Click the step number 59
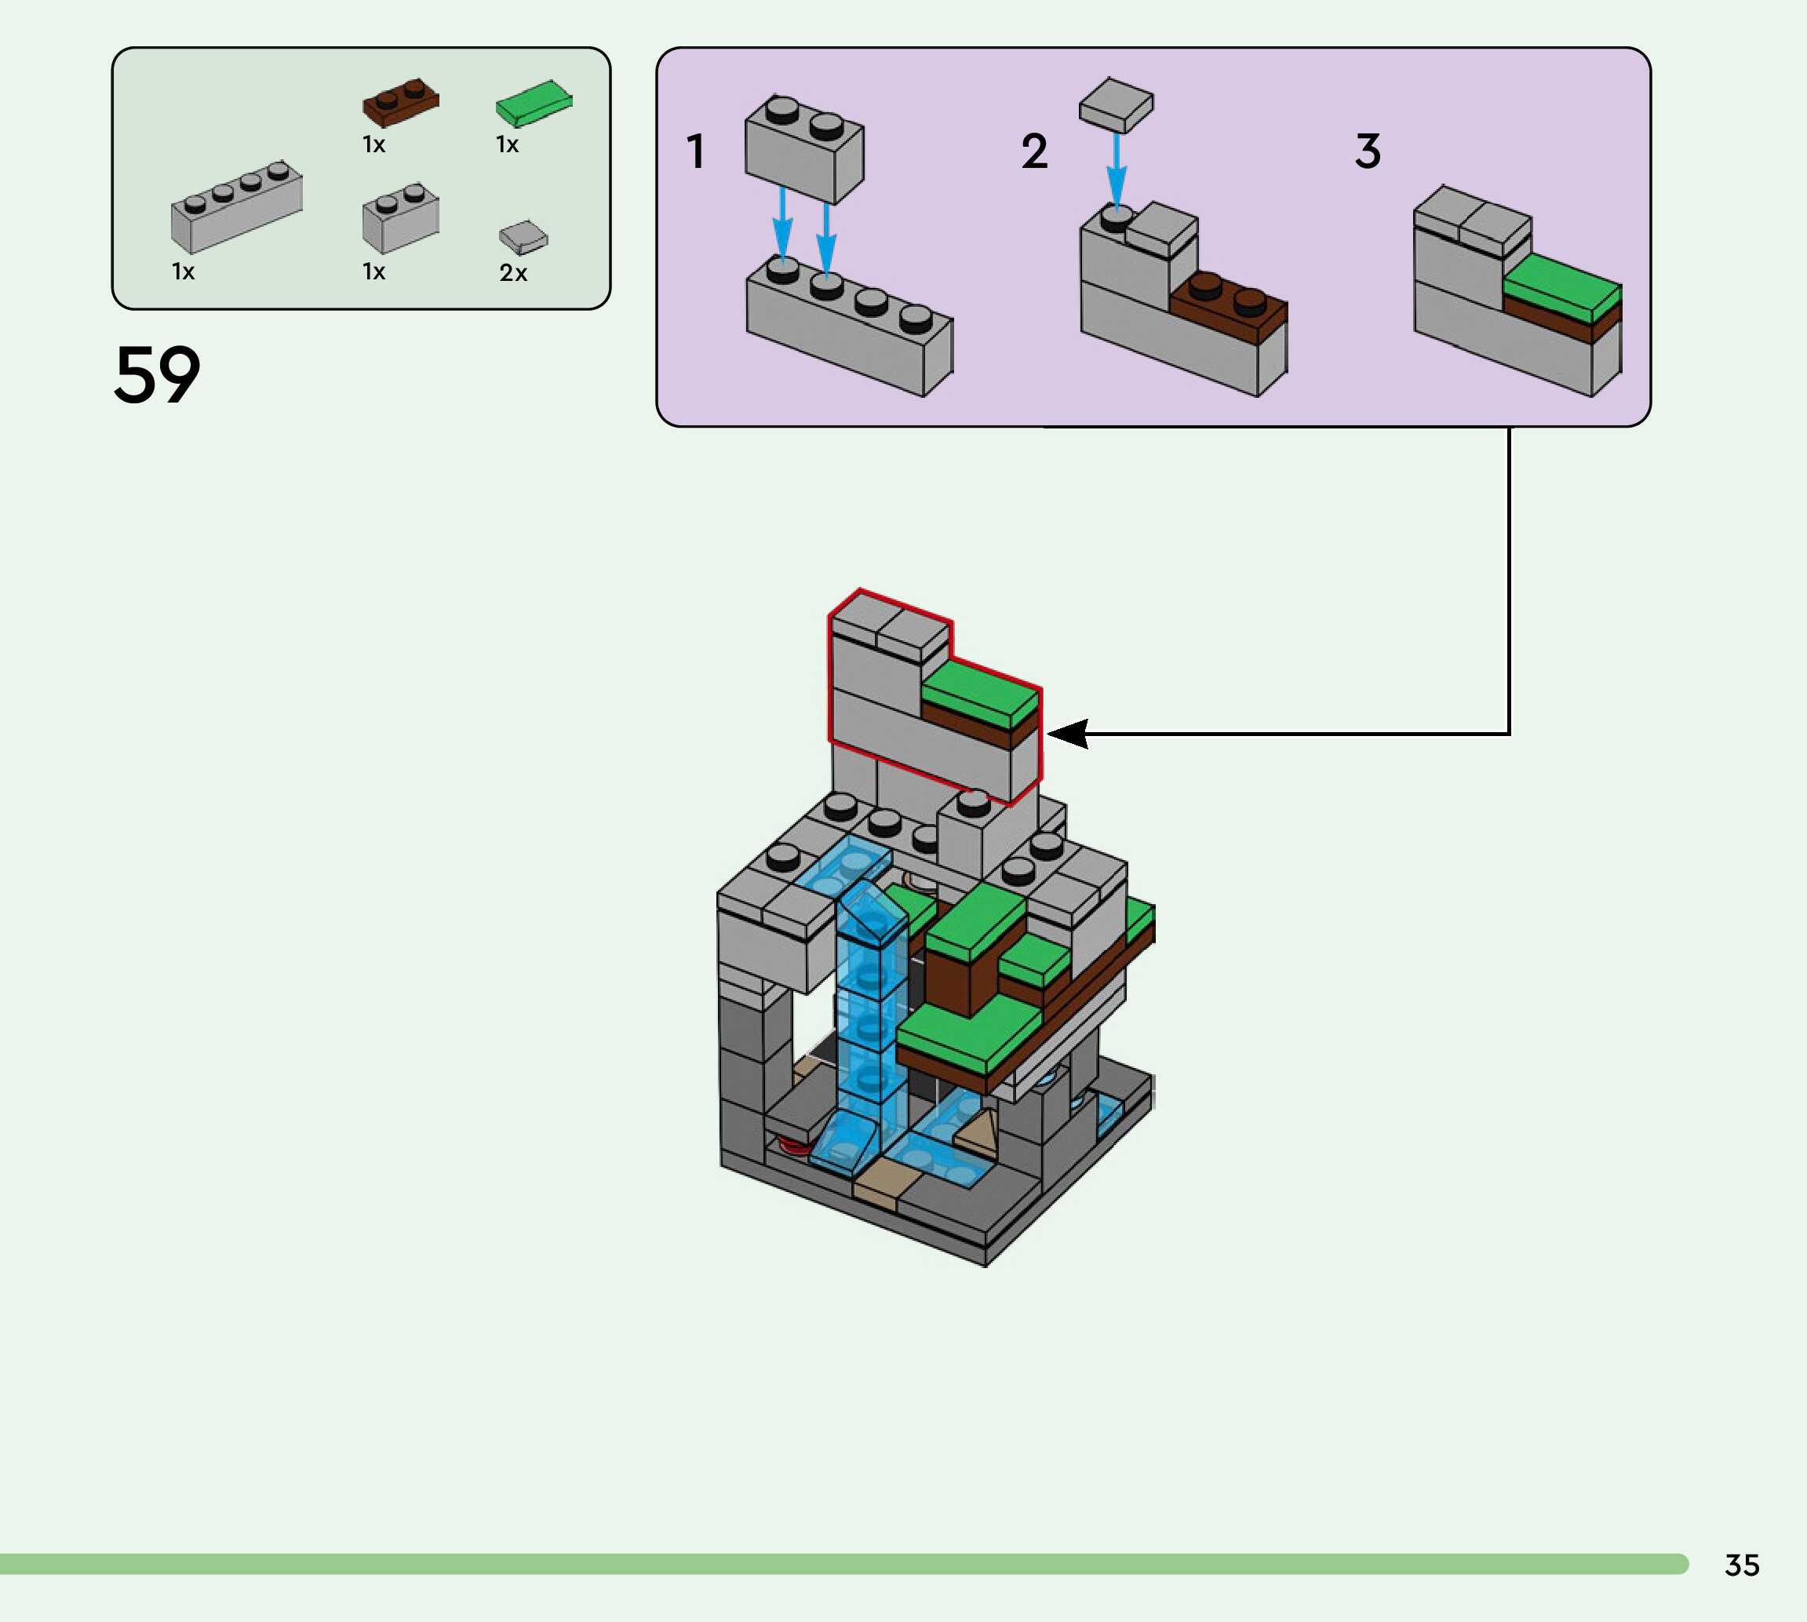click(x=157, y=375)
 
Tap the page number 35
click(x=1741, y=1565)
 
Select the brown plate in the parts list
click(x=400, y=103)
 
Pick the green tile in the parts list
click(x=533, y=103)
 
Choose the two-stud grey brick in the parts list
click(x=400, y=218)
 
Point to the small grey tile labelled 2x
click(x=523, y=237)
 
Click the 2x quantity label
click(x=513, y=273)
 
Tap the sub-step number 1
click(x=696, y=151)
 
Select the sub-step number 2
click(x=1033, y=151)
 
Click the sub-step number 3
click(x=1368, y=151)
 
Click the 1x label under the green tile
click(x=507, y=144)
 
